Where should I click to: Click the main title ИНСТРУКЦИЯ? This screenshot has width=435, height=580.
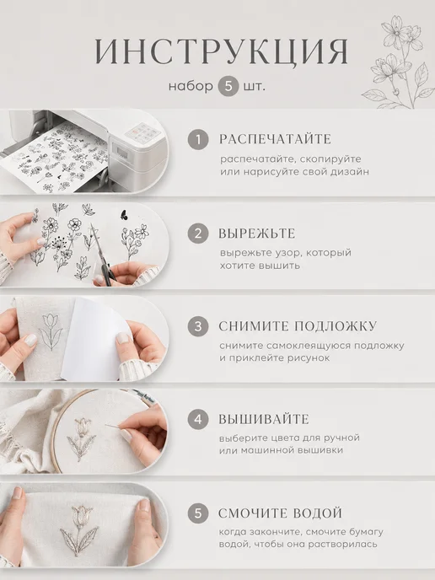221,51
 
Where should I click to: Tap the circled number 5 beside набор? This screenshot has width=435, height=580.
228,86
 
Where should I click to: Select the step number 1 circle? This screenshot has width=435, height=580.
198,139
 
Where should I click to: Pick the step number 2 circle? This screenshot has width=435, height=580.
198,234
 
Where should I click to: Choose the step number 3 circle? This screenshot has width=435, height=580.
198,326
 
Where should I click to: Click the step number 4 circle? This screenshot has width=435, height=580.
198,420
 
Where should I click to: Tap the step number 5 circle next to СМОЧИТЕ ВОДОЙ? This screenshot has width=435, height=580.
198,513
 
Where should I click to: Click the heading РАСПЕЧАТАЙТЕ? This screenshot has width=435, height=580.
275,139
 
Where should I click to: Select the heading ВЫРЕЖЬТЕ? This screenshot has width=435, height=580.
257,234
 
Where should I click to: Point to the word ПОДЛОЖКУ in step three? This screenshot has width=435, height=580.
336,326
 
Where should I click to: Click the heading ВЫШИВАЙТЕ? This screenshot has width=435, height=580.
264,420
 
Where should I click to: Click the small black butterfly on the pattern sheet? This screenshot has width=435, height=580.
124,214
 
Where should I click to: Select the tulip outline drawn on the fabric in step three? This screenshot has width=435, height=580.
51,331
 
